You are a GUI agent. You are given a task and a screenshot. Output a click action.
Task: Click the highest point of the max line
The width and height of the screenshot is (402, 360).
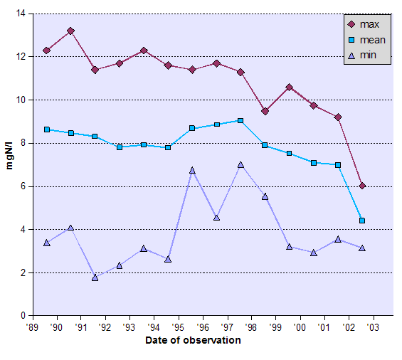pos(70,31)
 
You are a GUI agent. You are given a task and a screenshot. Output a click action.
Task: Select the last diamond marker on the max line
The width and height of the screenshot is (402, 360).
pos(362,186)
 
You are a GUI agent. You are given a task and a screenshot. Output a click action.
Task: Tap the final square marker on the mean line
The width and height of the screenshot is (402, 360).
pos(362,221)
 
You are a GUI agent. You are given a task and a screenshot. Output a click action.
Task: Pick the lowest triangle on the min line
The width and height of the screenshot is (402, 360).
pos(95,277)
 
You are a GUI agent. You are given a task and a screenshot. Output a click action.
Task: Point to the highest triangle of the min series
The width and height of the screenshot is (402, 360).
pos(240,165)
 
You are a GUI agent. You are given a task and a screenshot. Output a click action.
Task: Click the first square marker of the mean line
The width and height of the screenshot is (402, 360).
pos(47,129)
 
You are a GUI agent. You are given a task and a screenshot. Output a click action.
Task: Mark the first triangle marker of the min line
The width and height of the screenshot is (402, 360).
pos(47,243)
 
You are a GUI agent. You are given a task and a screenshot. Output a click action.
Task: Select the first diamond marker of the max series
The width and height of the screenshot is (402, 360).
pos(47,51)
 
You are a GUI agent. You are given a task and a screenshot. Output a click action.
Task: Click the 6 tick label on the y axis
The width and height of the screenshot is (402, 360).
pos(22,186)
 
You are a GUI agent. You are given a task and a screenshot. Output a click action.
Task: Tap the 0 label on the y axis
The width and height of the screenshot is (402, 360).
pos(22,316)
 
